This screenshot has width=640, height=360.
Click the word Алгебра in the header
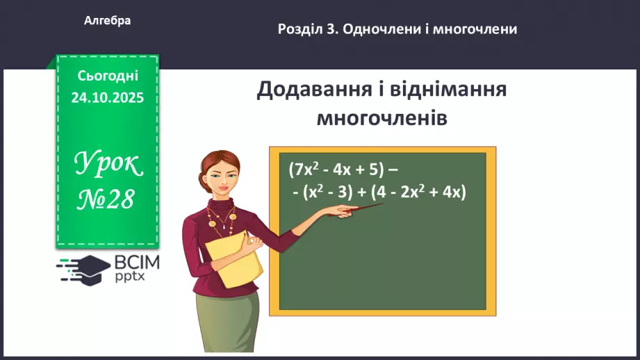tap(107, 21)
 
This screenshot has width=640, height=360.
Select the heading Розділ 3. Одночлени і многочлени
tap(397, 29)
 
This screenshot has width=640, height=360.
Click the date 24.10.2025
tap(108, 98)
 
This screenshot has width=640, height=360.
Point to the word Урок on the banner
tap(108, 165)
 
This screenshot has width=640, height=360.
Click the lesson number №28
tap(108, 199)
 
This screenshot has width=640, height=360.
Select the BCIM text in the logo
tap(137, 263)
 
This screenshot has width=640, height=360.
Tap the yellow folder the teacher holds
tap(237, 261)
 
